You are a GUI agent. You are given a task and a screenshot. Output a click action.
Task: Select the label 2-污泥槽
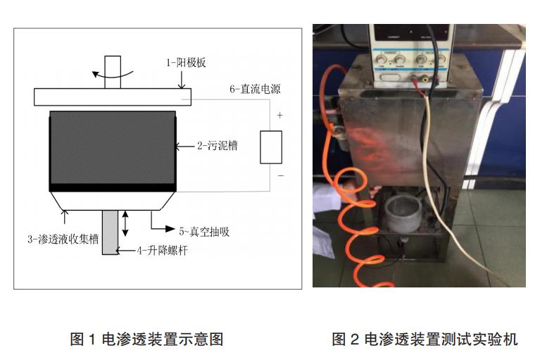click(218, 146)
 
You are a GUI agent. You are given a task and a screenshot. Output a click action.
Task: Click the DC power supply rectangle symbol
click(271, 147)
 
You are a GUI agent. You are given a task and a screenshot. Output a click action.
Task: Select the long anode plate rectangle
click(112, 97)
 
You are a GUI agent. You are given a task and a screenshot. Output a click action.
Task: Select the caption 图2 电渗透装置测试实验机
click(425, 340)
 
